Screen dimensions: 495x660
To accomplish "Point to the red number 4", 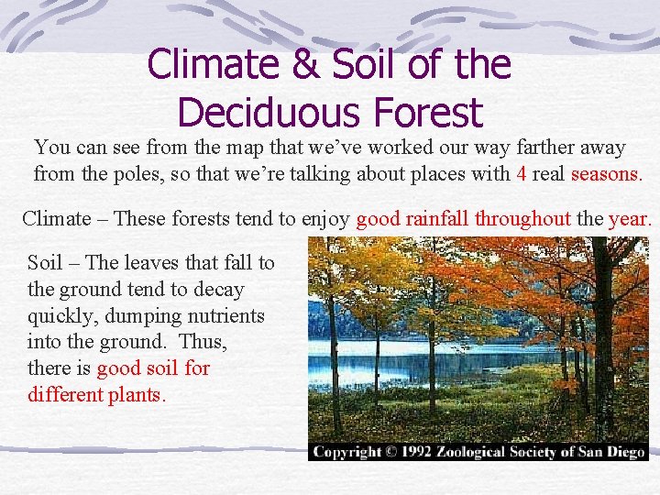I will tap(522, 172).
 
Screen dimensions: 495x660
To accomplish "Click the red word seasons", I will tap(605, 172).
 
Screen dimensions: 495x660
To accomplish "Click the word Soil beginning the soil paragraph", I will tap(46, 263).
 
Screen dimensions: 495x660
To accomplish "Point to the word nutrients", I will tap(226, 316).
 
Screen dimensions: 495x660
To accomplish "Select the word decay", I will tap(218, 290).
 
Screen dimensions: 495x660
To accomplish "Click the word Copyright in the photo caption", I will tap(347, 451).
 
